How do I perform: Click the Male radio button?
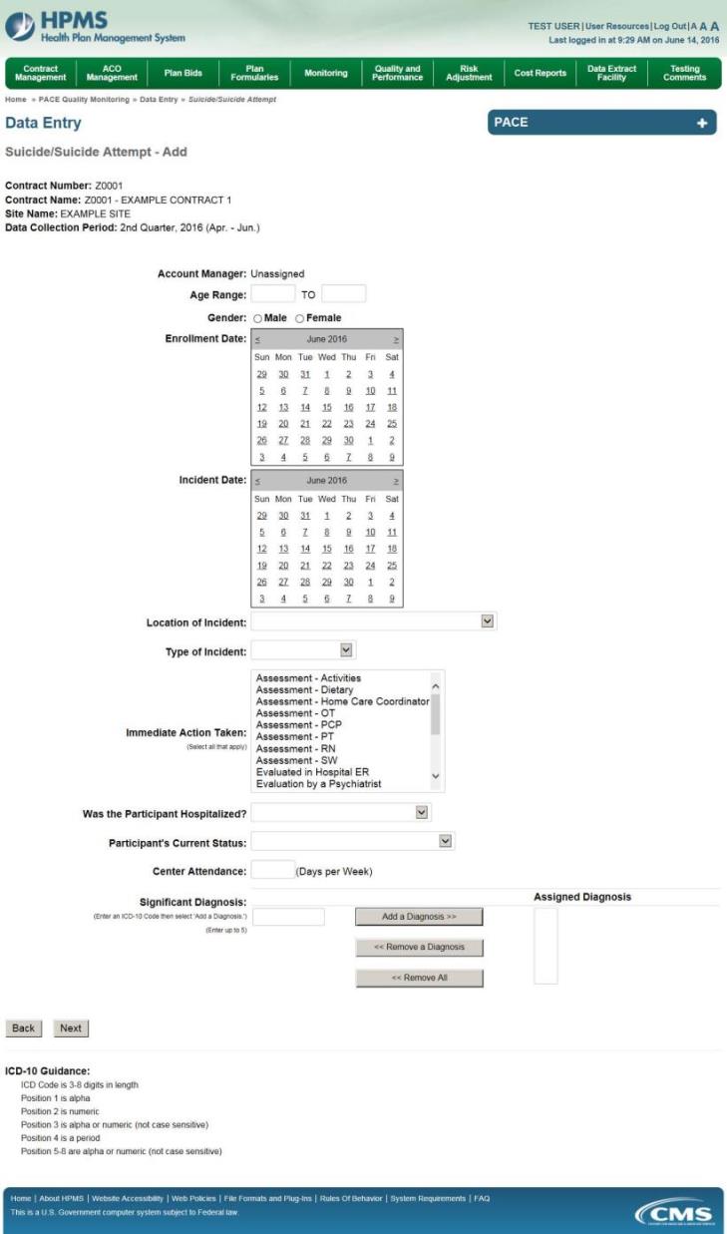pyautogui.click(x=257, y=318)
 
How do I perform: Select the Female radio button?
pyautogui.click(x=299, y=318)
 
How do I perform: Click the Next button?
pyautogui.click(x=70, y=1028)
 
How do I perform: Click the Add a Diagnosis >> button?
pyautogui.click(x=419, y=917)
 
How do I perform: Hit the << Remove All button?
pyautogui.click(x=419, y=978)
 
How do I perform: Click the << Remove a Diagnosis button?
pyautogui.click(x=419, y=947)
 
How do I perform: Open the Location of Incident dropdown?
pyautogui.click(x=373, y=621)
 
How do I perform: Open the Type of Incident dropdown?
pyautogui.click(x=303, y=650)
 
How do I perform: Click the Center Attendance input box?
pyautogui.click(x=272, y=870)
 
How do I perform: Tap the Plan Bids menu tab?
pyautogui.click(x=182, y=73)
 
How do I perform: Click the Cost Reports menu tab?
pyautogui.click(x=540, y=73)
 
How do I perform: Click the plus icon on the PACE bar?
pyautogui.click(x=701, y=123)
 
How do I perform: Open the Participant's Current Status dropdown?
pyautogui.click(x=353, y=841)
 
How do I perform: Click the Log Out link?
pyautogui.click(x=669, y=26)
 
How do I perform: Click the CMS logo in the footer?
pyautogui.click(x=675, y=1213)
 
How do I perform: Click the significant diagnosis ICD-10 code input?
pyautogui.click(x=287, y=917)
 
